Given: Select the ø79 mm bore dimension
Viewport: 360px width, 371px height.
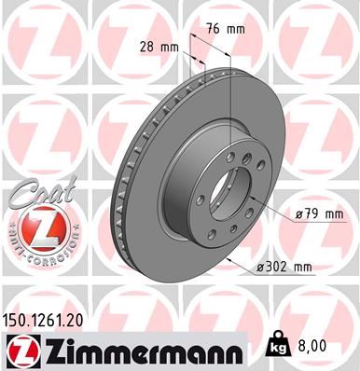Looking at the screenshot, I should point(319,214).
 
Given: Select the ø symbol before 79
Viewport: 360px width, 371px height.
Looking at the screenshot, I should point(298,214).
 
